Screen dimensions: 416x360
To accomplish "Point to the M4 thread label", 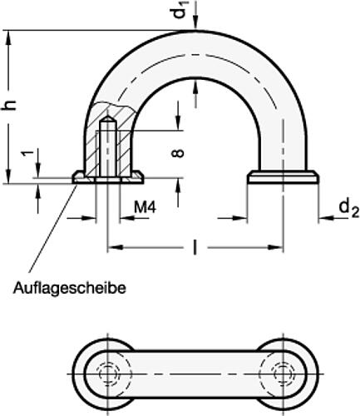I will click(145, 206).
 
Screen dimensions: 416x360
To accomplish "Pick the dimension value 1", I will click(27, 154).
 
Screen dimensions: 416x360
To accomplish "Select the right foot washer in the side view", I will click(284, 177).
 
